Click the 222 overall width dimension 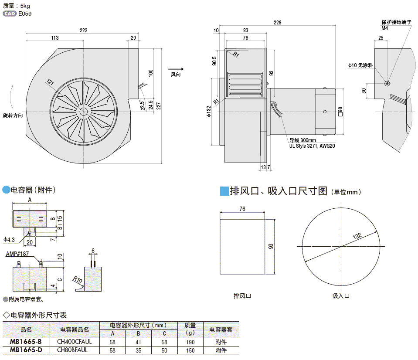coord(84,30)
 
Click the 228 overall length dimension coord(277,22)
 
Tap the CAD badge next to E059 coord(10,14)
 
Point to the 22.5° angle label coord(143,105)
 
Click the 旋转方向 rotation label coord(13,115)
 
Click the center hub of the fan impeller coord(83,112)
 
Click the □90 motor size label coord(340,112)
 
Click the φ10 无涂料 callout coord(360,65)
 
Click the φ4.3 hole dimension coord(9,239)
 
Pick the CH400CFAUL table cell coord(75,342)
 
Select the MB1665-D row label coord(26,350)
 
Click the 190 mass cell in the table coord(190,342)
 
